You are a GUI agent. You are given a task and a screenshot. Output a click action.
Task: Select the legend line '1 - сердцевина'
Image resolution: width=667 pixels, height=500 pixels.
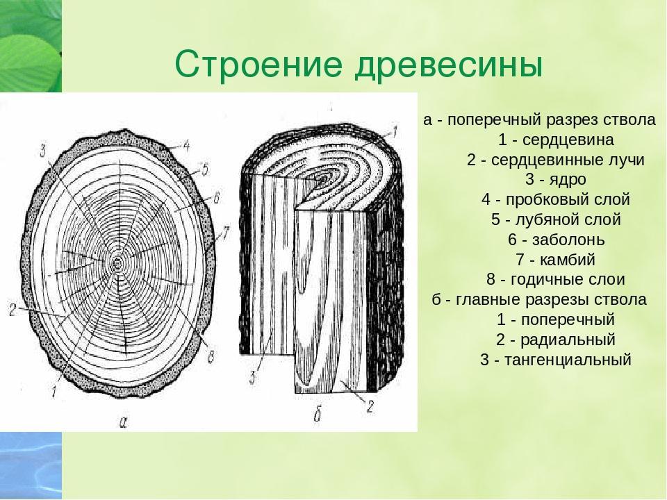[x=556, y=140]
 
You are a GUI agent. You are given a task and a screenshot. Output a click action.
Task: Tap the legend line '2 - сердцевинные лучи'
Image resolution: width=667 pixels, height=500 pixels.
[x=556, y=160]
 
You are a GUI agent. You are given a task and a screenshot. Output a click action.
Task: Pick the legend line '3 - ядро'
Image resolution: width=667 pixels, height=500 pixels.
[x=556, y=179]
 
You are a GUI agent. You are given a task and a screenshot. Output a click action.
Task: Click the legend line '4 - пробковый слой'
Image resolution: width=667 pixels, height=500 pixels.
[x=556, y=199]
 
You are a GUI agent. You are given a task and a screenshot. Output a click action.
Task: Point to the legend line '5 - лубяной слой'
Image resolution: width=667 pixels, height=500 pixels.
[x=556, y=219]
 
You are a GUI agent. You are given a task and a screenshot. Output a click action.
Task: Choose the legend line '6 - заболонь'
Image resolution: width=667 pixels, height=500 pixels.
[x=556, y=240]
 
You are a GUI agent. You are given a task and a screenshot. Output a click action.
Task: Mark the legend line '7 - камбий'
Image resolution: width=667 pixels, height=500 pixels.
[x=556, y=259]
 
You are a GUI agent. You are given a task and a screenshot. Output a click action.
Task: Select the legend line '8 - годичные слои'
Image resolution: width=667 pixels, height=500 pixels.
[x=556, y=279]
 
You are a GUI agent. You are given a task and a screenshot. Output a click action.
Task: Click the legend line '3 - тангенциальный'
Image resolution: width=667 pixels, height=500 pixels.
[x=556, y=360]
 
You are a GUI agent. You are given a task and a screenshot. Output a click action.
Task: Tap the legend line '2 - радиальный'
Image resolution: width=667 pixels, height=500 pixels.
[x=556, y=340]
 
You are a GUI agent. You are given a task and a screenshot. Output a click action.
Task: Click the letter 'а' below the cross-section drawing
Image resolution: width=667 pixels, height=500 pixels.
[x=124, y=422]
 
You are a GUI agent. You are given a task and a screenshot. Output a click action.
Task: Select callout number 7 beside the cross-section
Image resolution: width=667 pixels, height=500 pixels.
[x=225, y=233]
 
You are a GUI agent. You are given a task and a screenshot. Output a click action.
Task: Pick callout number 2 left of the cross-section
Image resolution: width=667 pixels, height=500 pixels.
[x=13, y=310]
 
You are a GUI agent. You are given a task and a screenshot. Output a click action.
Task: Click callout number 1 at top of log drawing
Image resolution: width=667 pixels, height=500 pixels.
[x=394, y=133]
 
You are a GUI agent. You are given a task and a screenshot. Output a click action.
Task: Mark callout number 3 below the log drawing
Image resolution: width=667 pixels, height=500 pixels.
[x=253, y=377]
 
